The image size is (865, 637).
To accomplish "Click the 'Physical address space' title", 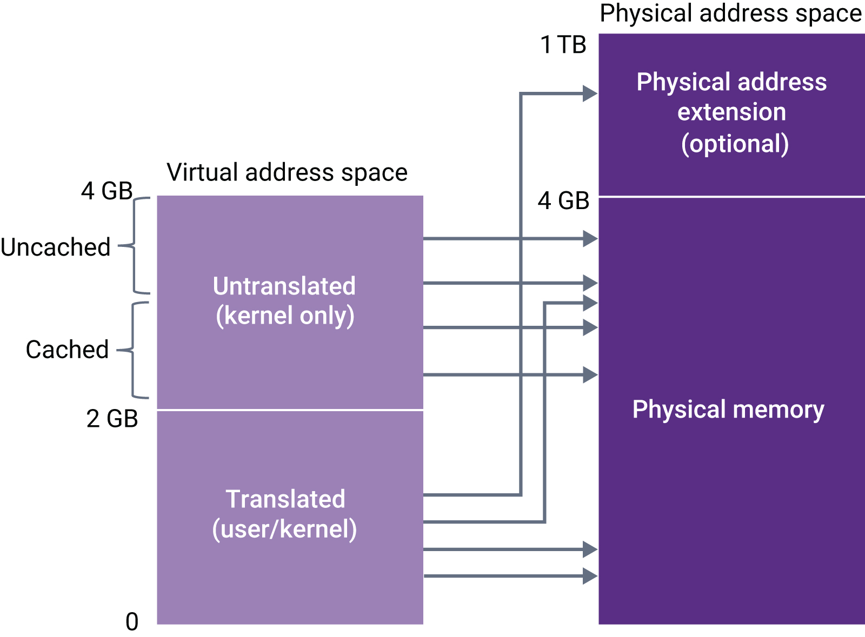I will pyautogui.click(x=730, y=14).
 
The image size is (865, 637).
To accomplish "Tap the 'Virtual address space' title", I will pyautogui.click(x=287, y=173).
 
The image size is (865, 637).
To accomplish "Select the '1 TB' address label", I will pyautogui.click(x=563, y=45).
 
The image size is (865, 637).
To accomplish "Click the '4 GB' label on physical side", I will pyautogui.click(x=563, y=201).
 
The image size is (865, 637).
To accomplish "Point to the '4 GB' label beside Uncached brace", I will pyautogui.click(x=107, y=191).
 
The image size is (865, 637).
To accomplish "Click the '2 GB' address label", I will pyautogui.click(x=112, y=419).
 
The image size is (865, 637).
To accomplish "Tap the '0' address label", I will pyautogui.click(x=132, y=622).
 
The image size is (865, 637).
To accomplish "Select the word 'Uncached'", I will pyautogui.click(x=55, y=247).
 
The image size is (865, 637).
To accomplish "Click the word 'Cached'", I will pyautogui.click(x=67, y=350).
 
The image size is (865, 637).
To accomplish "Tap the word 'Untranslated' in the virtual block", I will pyautogui.click(x=284, y=286).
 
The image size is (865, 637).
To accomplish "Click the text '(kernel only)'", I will pyautogui.click(x=285, y=316).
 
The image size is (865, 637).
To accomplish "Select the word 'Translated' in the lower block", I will pyautogui.click(x=285, y=499).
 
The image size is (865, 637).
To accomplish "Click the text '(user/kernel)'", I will pyautogui.click(x=284, y=529).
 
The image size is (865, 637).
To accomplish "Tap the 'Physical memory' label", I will pyautogui.click(x=728, y=410).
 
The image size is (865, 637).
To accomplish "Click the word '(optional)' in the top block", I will pyautogui.click(x=735, y=144).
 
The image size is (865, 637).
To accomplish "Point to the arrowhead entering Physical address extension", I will pyautogui.click(x=590, y=93).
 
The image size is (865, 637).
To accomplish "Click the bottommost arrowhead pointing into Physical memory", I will pyautogui.click(x=590, y=576).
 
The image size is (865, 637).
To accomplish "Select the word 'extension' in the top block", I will pyautogui.click(x=731, y=112).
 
